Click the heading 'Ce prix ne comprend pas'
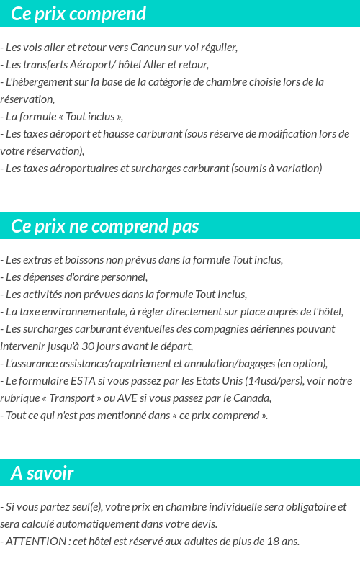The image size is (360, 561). pyautogui.click(x=104, y=226)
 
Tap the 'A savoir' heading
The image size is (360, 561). pyautogui.click(x=42, y=473)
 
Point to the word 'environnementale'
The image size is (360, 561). pyautogui.click(x=83, y=312)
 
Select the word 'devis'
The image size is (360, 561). pyautogui.click(x=202, y=524)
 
